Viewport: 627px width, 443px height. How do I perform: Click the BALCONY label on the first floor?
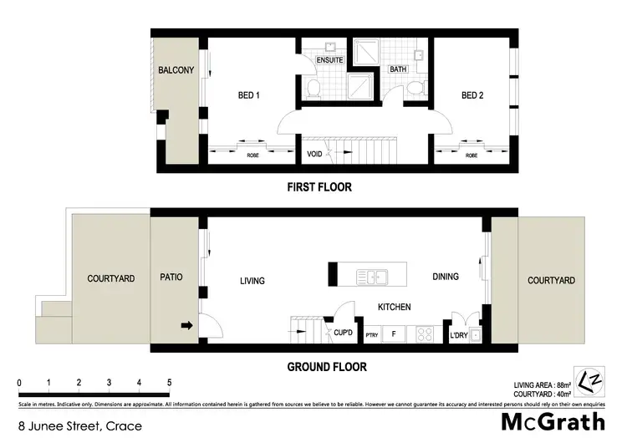point(176,70)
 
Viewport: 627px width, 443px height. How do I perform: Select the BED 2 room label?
point(472,95)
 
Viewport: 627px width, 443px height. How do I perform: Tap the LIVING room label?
point(252,281)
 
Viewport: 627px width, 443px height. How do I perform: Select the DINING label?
point(445,277)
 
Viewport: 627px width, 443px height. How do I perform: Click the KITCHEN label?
point(394,307)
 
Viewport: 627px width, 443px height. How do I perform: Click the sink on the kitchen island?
point(369,275)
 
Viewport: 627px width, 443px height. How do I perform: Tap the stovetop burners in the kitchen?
point(424,334)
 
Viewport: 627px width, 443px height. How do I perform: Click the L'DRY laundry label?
point(458,335)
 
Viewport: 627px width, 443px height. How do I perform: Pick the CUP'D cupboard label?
point(341,333)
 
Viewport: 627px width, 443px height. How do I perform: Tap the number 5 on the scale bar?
point(170,383)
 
